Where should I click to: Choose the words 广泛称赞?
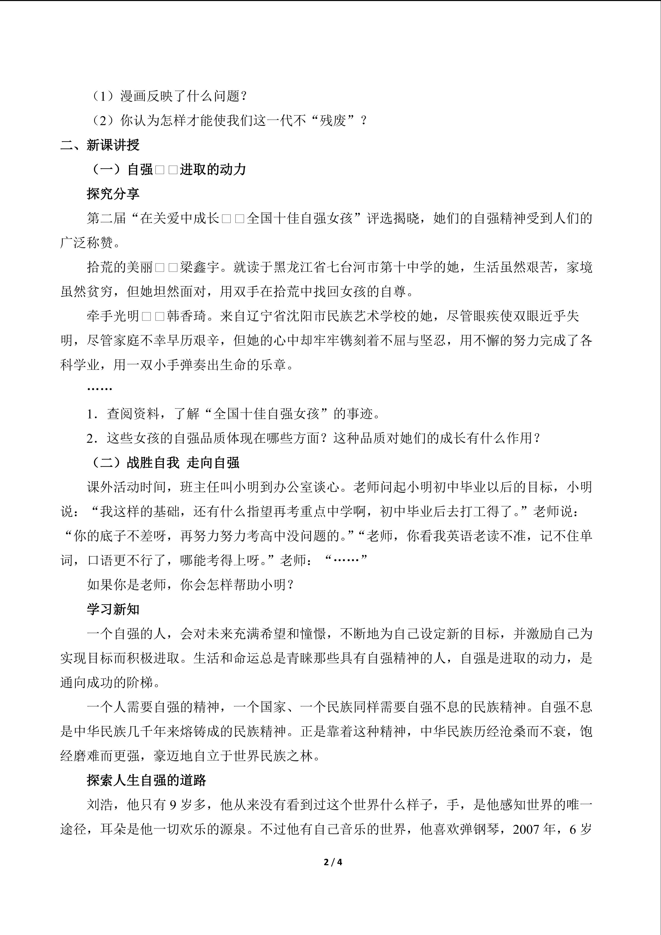86,243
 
